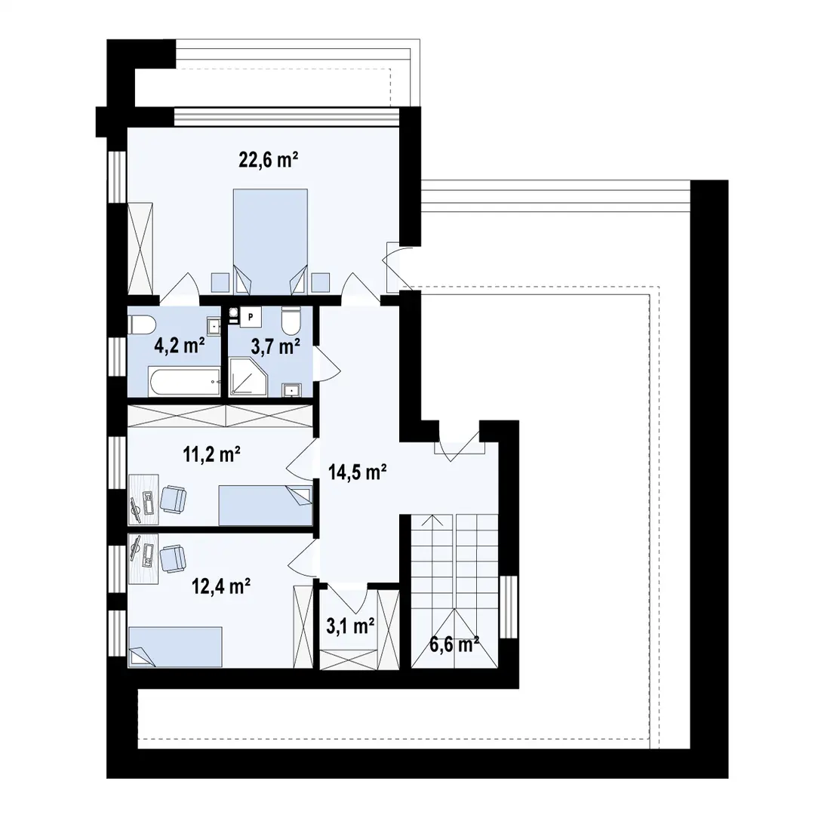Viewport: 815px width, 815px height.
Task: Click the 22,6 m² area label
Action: (268, 159)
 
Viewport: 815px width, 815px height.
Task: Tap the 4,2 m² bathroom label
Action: (180, 345)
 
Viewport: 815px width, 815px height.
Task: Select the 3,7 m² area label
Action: (275, 346)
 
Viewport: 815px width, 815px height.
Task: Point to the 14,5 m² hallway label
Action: (357, 472)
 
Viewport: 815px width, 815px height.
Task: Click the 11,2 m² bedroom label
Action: (211, 454)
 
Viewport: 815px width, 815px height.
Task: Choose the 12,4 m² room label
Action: (221, 587)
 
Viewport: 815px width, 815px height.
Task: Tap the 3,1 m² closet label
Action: (350, 626)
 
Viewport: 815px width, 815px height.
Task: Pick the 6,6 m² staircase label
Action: (454, 645)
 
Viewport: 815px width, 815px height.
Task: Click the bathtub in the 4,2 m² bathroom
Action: (185, 382)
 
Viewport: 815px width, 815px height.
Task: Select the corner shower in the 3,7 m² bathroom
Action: (248, 377)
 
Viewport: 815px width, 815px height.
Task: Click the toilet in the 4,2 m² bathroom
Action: (141, 326)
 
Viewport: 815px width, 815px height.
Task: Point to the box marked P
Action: (251, 316)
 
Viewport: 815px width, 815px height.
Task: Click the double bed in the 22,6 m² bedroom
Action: (270, 241)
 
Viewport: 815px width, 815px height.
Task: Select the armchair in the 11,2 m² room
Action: (173, 500)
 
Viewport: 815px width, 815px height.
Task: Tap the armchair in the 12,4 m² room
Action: (173, 559)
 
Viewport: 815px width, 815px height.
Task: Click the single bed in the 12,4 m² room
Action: (175, 647)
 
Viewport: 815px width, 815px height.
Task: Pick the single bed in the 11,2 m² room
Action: (266, 506)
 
